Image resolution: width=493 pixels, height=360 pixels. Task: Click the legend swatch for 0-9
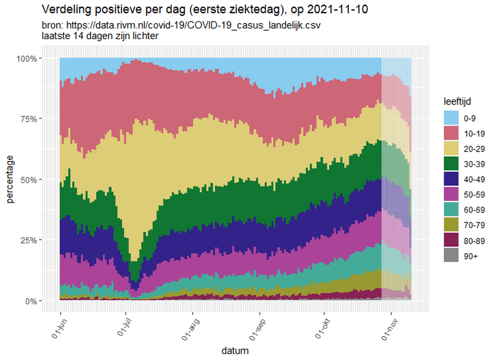pyautogui.click(x=451, y=118)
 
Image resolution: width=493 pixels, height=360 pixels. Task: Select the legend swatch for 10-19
pyautogui.click(x=451, y=133)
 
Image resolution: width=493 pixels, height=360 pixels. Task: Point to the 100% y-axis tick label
pyautogui.click(x=27, y=59)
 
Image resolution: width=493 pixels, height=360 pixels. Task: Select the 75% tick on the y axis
pyautogui.click(x=29, y=119)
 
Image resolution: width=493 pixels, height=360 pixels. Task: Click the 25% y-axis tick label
pyautogui.click(x=29, y=240)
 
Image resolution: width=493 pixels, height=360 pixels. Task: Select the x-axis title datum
pyautogui.click(x=235, y=350)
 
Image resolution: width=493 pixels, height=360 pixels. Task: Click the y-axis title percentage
pyautogui.click(x=10, y=179)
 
